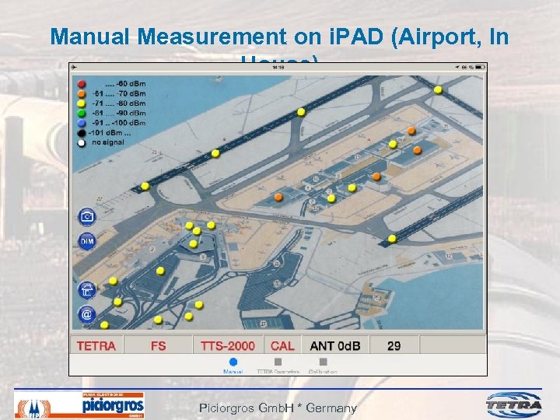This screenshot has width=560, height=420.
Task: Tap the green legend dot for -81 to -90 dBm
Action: coord(81,113)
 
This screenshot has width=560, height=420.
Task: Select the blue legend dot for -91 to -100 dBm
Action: coord(81,123)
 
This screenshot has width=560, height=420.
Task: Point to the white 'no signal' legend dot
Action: coord(81,142)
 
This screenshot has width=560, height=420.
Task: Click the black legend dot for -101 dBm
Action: coord(81,133)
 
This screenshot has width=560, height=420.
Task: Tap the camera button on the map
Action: coord(87,217)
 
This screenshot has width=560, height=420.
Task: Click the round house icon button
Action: coord(87,290)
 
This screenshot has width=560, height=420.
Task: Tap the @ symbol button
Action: coord(87,314)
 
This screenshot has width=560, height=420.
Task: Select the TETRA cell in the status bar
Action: coord(97,345)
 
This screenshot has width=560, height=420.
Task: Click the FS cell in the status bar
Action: coord(158,345)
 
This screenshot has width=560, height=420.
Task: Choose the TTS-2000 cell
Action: coord(227,345)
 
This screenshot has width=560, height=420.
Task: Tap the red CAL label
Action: coord(282,345)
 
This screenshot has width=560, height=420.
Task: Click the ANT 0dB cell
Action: coord(335,345)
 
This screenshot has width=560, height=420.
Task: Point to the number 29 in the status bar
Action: coord(394,345)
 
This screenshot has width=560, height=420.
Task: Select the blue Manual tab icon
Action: coord(233,362)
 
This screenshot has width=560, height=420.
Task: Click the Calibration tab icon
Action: coord(323,362)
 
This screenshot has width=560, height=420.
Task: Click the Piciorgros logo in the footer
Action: coord(113,405)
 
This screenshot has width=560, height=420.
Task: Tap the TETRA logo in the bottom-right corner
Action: coord(514,404)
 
